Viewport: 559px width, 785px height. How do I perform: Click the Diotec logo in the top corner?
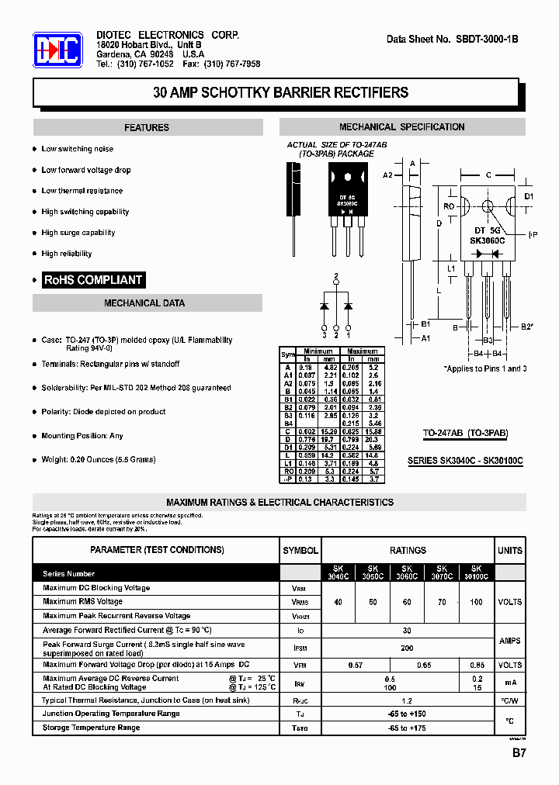click(x=57, y=52)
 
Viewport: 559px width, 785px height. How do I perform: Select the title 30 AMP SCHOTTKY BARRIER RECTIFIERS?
click(x=280, y=92)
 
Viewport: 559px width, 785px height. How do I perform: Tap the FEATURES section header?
click(x=147, y=127)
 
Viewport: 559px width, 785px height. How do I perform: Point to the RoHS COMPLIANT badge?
click(x=93, y=280)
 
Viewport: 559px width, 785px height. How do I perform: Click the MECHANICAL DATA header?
click(x=144, y=303)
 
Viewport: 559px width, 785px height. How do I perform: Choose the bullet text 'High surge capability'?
click(x=78, y=233)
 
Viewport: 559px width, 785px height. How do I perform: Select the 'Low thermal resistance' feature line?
click(x=82, y=191)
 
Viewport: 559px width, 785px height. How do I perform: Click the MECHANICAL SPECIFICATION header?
click(x=401, y=127)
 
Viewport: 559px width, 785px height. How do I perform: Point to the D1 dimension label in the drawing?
click(x=529, y=196)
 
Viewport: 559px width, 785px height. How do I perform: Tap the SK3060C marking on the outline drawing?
click(x=487, y=240)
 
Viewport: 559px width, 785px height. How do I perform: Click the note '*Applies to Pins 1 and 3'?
click(x=485, y=368)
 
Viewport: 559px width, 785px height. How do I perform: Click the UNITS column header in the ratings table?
click(x=510, y=551)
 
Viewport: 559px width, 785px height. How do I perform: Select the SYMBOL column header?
click(x=300, y=551)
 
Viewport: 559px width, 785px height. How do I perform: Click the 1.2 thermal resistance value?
click(x=408, y=700)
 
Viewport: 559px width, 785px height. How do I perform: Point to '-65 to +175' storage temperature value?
click(x=408, y=728)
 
